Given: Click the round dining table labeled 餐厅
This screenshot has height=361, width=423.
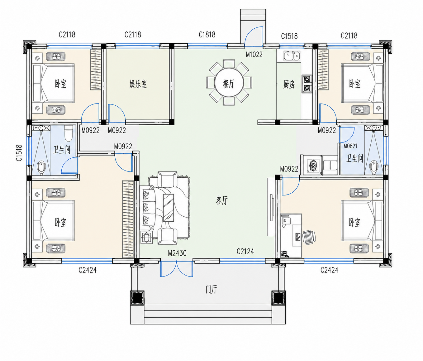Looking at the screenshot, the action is (229, 83).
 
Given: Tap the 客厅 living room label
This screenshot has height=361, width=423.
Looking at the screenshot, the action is (222, 200).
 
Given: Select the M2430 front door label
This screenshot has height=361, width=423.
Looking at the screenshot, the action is (177, 253).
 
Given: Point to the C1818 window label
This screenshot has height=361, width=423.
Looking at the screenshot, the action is (207, 35).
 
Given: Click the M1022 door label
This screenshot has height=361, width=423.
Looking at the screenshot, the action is (254, 55).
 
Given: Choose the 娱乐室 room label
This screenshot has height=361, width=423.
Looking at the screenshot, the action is (138, 84).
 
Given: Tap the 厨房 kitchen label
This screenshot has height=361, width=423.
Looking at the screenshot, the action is (289, 84).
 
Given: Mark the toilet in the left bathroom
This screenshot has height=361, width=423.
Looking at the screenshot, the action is (68, 133).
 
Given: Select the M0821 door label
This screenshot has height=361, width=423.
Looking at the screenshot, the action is (350, 146).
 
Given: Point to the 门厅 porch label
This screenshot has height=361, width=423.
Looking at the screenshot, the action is (211, 290).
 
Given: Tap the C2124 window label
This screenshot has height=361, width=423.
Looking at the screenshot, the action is (245, 251).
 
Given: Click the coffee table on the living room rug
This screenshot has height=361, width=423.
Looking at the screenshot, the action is (169, 208).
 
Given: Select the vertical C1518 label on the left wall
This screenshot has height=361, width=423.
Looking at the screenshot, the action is (19, 153).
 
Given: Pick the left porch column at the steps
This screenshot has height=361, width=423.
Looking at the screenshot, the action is (137, 298).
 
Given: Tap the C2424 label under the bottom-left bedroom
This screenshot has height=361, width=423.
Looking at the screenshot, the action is (88, 270).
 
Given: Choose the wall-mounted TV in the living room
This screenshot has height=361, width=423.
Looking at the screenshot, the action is (272, 208).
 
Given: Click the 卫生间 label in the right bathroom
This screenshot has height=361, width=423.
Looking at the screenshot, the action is (355, 158).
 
